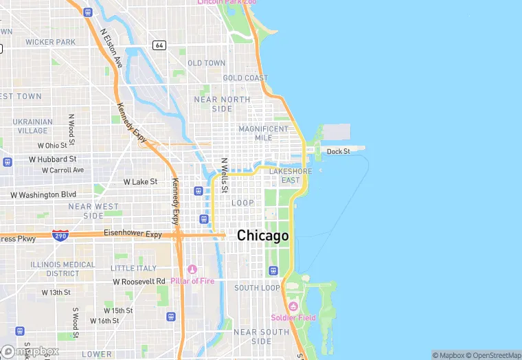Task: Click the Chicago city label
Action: click(263, 236)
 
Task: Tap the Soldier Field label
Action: click(293, 317)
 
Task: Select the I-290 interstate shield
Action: click(60, 235)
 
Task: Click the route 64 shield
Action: click(159, 45)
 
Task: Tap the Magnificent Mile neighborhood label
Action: click(264, 133)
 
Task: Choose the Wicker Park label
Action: click(50, 42)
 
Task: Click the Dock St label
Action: click(338, 151)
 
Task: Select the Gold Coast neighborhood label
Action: click(245, 78)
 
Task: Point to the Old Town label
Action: click(206, 63)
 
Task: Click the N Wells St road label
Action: click(224, 175)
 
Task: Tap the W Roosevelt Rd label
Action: click(139, 281)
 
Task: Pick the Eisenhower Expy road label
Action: click(133, 234)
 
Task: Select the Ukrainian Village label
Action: click(32, 126)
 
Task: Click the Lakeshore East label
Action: click(291, 176)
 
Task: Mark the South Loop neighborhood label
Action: click(257, 288)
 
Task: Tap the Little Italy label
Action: click(133, 268)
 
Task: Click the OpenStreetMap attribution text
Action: click(495, 355)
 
